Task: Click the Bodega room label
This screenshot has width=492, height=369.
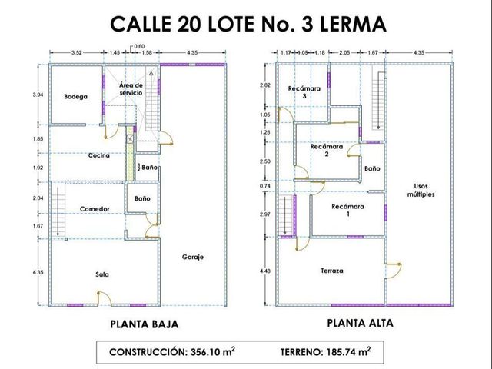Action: coord(75,96)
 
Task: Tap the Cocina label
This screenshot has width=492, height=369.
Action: coord(99,155)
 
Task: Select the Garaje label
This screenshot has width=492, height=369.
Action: coord(193,257)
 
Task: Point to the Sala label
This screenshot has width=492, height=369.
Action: coord(102,274)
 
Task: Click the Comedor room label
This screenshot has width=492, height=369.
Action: coord(95,209)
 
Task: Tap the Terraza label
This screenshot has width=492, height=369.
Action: coord(332,271)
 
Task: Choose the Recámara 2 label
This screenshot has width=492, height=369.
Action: coord(327,151)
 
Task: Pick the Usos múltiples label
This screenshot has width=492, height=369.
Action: coord(421,191)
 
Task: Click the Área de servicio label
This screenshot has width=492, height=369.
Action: coord(131,89)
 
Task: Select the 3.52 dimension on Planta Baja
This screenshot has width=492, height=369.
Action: coord(77,53)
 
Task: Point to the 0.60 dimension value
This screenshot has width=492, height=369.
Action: coord(139,46)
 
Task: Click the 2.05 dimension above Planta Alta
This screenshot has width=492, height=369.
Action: coord(344,53)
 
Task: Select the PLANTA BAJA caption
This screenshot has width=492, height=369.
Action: coord(145,324)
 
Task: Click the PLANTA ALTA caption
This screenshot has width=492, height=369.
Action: coord(361,323)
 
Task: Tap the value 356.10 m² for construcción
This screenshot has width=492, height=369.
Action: coord(213,351)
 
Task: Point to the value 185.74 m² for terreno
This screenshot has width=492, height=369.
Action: coord(348,351)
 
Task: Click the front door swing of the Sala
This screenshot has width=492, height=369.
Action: coord(106,297)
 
